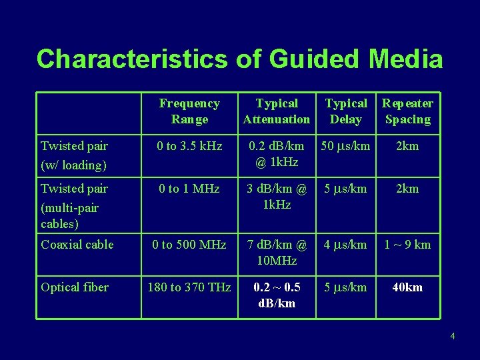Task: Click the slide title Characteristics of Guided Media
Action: pyautogui.click(x=239, y=59)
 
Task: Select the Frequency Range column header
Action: pyautogui.click(x=189, y=111)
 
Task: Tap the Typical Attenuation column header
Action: pyautogui.click(x=277, y=111)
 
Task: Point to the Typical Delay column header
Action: pyautogui.click(x=345, y=111)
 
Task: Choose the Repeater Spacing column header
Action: pyautogui.click(x=407, y=111)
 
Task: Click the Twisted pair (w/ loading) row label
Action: pyautogui.click(x=74, y=155)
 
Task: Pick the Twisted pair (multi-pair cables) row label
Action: pyautogui.click(x=74, y=205)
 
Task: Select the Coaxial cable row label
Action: pyautogui.click(x=77, y=245)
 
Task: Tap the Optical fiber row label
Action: pyautogui.click(x=75, y=287)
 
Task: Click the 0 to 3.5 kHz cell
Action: pyautogui.click(x=189, y=146)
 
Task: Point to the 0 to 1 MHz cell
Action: pyautogui.click(x=189, y=189)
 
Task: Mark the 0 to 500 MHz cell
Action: pyautogui.click(x=189, y=245)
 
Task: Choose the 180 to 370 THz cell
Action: pyautogui.click(x=189, y=287)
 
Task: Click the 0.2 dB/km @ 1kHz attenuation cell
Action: pyautogui.click(x=277, y=153)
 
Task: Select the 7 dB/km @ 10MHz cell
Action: pyautogui.click(x=277, y=252)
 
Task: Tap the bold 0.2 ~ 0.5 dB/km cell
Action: pyautogui.click(x=277, y=295)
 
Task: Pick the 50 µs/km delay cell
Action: pyautogui.click(x=345, y=146)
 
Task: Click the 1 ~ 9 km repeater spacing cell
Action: pyautogui.click(x=407, y=245)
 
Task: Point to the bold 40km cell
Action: pyautogui.click(x=407, y=287)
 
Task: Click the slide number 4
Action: pyautogui.click(x=453, y=336)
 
